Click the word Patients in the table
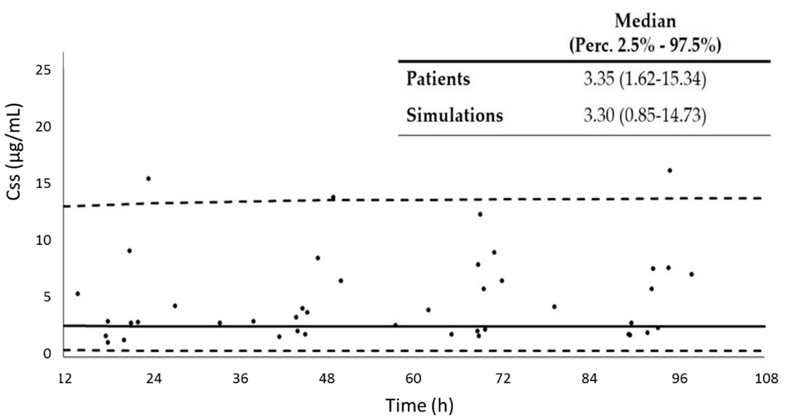pos(438,79)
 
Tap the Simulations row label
pos(454,116)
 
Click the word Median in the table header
pos(645,21)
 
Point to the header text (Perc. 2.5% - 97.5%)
pos(645,46)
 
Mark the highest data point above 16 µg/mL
pos(670,170)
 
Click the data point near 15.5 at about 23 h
pos(148,178)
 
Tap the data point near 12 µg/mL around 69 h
pos(480,214)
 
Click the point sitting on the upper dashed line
pos(333,197)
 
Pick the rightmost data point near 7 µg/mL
pos(691,274)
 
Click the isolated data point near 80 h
pos(554,307)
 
